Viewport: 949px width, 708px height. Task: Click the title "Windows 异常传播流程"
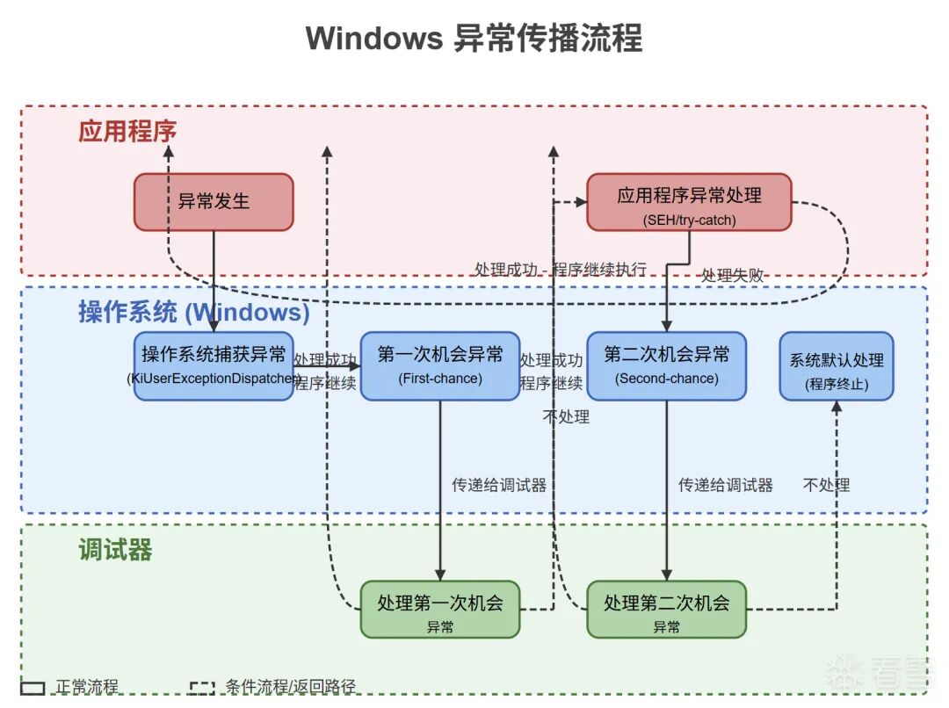[x=474, y=39]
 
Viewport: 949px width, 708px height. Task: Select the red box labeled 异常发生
[x=214, y=202]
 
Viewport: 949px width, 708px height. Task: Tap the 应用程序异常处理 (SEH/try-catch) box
[x=689, y=202]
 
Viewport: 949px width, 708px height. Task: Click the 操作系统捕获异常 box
[x=214, y=366]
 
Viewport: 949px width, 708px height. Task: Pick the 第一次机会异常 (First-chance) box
[x=440, y=366]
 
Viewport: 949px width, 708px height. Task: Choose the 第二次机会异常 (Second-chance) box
[x=666, y=366]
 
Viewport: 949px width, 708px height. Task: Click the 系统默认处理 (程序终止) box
[x=837, y=366]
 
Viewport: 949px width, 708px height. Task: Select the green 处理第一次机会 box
[x=440, y=609]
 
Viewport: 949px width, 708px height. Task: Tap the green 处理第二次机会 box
[x=666, y=609]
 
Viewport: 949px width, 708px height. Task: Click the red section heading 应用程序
[x=127, y=132]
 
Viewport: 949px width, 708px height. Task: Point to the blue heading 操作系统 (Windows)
[x=193, y=312]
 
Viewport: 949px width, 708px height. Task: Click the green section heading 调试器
[x=115, y=550]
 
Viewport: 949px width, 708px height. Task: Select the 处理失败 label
[x=732, y=275]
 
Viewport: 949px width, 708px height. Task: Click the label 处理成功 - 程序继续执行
[x=560, y=269]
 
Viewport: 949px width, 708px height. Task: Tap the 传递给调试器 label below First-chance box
[x=499, y=485]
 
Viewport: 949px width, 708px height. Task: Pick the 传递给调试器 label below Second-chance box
[x=725, y=485]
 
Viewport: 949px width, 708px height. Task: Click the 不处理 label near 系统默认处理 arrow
[x=826, y=485]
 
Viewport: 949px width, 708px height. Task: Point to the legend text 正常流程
[x=87, y=687]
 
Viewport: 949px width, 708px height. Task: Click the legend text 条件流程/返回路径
[x=290, y=687]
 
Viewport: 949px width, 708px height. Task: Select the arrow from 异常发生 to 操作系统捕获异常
[x=214, y=281]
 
